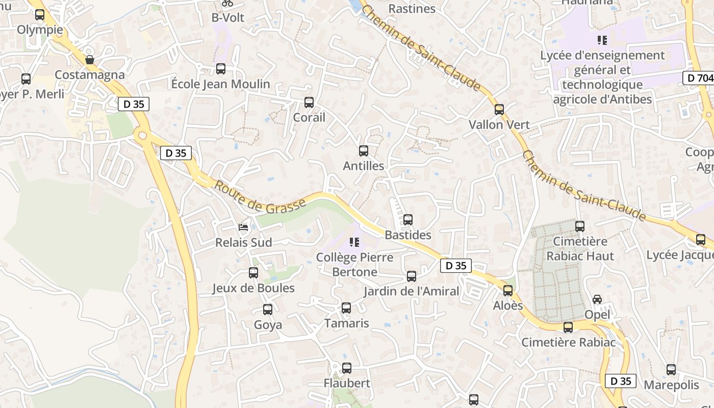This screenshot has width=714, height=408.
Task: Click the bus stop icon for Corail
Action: click(309, 103)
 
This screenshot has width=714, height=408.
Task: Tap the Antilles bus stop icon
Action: click(364, 151)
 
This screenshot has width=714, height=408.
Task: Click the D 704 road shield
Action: click(698, 78)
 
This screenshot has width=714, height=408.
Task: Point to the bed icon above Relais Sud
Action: click(243, 227)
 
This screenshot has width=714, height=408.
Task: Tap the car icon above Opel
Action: click(597, 299)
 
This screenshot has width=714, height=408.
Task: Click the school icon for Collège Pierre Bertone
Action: click(354, 242)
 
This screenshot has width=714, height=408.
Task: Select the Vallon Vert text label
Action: click(499, 124)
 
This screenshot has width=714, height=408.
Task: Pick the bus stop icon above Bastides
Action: click(408, 220)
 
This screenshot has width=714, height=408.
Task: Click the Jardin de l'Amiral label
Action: click(411, 291)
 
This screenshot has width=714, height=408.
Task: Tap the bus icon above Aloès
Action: click(508, 291)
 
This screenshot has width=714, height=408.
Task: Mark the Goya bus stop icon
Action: click(268, 310)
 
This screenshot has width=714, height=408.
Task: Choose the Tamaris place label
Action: click(346, 323)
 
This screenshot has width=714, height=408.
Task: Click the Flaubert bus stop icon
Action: click(347, 368)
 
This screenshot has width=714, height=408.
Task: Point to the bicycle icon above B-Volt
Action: click(227, 3)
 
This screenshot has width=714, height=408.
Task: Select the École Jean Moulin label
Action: click(220, 84)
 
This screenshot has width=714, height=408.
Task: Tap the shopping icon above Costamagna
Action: click(90, 60)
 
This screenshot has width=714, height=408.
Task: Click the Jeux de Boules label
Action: click(253, 288)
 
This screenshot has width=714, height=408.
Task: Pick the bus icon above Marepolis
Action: click(671, 370)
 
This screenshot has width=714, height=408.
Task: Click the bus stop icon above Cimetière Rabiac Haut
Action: click(580, 226)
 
